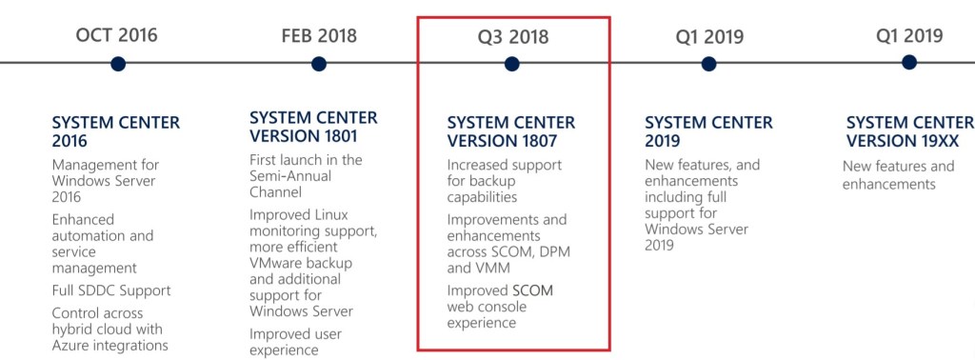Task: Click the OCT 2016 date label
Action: point(117,36)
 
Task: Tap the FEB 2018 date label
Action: point(319,36)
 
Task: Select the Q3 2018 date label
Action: point(513,37)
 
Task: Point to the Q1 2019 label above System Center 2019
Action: point(709,37)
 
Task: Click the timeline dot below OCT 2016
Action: point(118,64)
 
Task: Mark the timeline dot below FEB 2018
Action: point(319,64)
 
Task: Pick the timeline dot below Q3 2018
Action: point(512,64)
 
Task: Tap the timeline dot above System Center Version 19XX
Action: point(909,62)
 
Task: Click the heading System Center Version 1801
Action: point(313,127)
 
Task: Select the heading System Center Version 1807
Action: point(511,132)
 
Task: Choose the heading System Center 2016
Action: point(115,132)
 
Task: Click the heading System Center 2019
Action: point(708,132)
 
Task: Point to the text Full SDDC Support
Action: point(111,290)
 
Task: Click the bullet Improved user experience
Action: point(296,343)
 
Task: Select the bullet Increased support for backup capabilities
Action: point(505,181)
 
